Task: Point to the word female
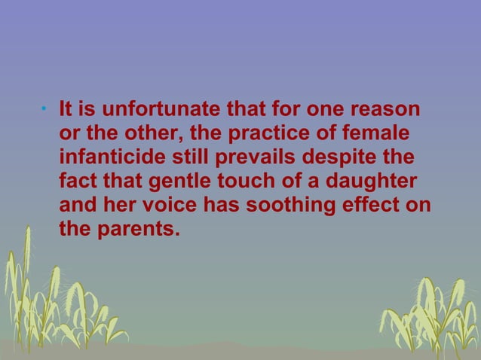point(383,135)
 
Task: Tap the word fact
point(78,182)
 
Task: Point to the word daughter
point(374,182)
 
